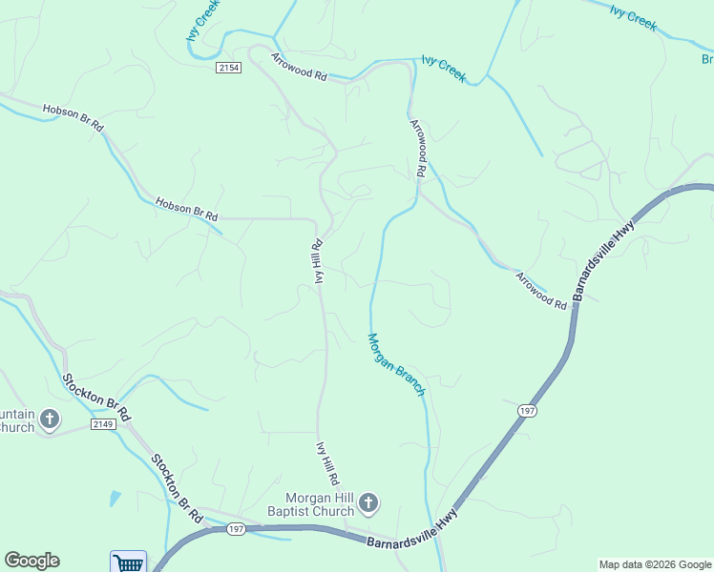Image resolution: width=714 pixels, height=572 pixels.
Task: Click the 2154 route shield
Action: point(229,68)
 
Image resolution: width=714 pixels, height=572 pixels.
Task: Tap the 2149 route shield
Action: point(104,423)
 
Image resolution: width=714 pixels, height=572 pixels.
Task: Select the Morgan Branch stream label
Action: point(396,364)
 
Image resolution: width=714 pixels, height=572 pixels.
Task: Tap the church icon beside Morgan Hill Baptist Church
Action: point(369,502)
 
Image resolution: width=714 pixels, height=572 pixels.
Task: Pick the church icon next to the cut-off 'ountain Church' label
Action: point(50,419)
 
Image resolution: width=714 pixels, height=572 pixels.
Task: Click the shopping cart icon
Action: point(128,562)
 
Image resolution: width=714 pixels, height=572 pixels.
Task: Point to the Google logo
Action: point(31,561)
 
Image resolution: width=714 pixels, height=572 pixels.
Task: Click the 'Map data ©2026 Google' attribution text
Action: point(655,564)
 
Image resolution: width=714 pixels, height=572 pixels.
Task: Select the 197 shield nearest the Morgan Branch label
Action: point(527,410)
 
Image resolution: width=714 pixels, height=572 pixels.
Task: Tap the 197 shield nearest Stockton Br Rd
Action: point(237,529)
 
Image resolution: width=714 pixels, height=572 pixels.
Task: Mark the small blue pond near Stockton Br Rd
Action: point(115,498)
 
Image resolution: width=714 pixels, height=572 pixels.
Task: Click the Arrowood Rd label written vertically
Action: point(417,148)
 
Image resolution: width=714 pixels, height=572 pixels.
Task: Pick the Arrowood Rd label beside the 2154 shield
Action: point(299,66)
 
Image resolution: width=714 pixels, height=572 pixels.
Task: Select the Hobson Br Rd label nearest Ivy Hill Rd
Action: point(186,209)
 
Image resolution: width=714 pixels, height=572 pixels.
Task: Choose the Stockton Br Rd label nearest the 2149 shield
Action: point(95,398)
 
